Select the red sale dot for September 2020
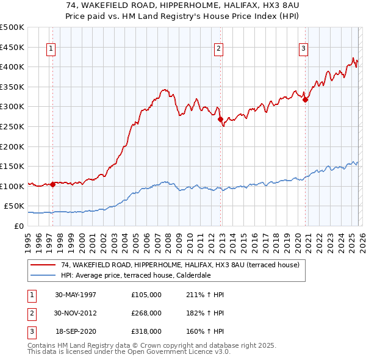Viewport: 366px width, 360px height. [x=305, y=100]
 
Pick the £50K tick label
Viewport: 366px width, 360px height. [x=15, y=206]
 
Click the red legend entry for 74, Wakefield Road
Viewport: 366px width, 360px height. [x=180, y=265]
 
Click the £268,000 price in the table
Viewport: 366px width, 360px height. [x=146, y=312]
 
